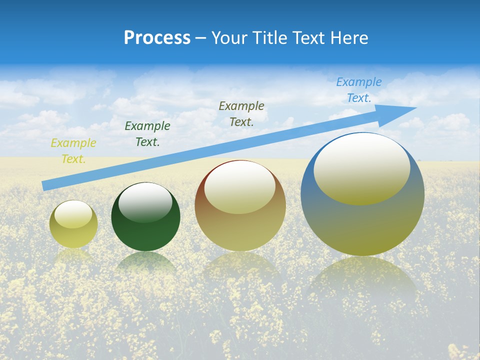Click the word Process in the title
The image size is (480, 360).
click(157, 38)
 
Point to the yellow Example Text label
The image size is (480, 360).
click(73, 151)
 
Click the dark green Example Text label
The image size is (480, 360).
click(147, 134)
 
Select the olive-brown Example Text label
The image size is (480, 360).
click(241, 113)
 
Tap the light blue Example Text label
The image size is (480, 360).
click(359, 90)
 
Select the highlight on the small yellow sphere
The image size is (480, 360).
click(73, 214)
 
